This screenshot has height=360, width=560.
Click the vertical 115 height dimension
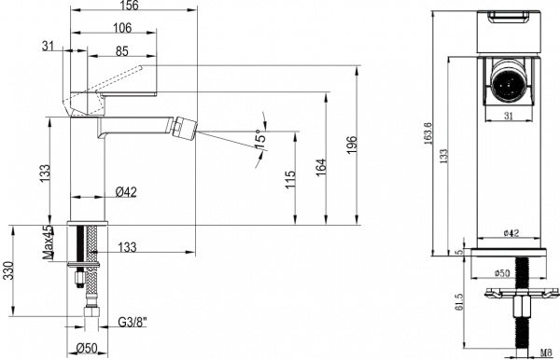(x=290, y=176)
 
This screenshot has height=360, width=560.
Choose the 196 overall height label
(x=351, y=145)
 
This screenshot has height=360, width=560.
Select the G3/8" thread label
(x=133, y=325)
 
